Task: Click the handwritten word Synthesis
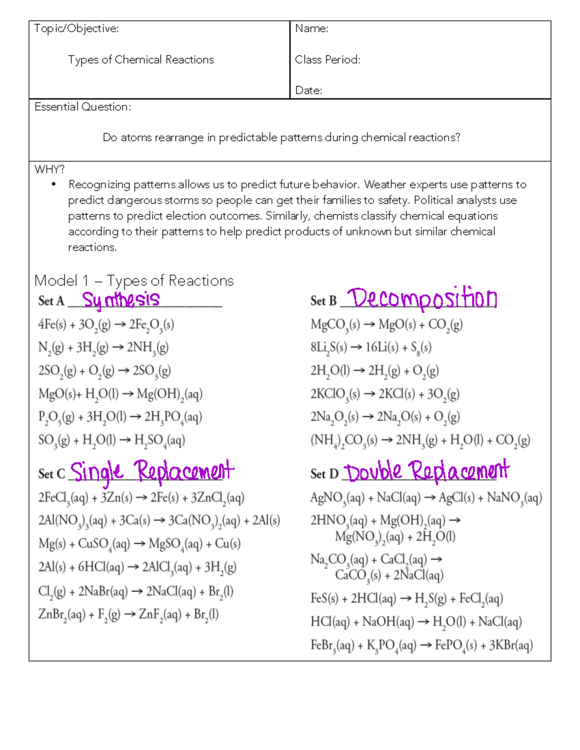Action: pos(120,299)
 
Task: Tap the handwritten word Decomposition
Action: pos(422,298)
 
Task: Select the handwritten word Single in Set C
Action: pos(96,471)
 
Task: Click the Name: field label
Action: pos(312,28)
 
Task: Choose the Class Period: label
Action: pos(327,59)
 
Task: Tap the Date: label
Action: pos(308,90)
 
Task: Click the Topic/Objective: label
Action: pos(76,28)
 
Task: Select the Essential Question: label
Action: pos(83,107)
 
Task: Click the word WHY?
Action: pos(49,169)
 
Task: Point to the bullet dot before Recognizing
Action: pos(54,184)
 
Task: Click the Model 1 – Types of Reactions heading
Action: pos(134,281)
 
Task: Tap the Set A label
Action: pos(51,301)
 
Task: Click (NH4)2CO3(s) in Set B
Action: pos(344,440)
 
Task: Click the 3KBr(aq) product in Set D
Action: pos(510,646)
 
